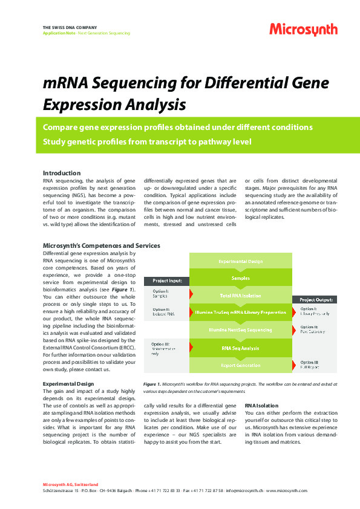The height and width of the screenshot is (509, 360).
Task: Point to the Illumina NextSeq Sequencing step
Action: [241, 331]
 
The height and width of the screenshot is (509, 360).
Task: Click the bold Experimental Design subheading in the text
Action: [68, 384]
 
